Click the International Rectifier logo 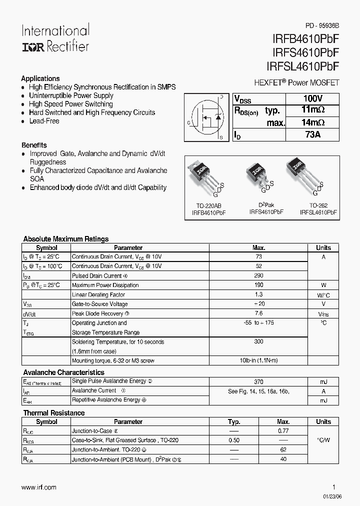[x=55, y=38]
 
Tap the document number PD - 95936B [x=322, y=25]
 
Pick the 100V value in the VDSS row [x=313, y=98]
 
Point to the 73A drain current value [x=313, y=134]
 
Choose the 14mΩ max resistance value [x=313, y=122]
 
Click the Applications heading [x=40, y=78]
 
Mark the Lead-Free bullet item [x=44, y=121]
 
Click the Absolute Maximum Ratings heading [x=66, y=239]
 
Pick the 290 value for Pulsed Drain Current [x=258, y=275]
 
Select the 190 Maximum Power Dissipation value [x=258, y=285]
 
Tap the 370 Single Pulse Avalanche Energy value [x=258, y=381]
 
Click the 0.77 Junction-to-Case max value [x=283, y=430]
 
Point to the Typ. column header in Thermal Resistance [x=234, y=421]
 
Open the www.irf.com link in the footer [x=39, y=487]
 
